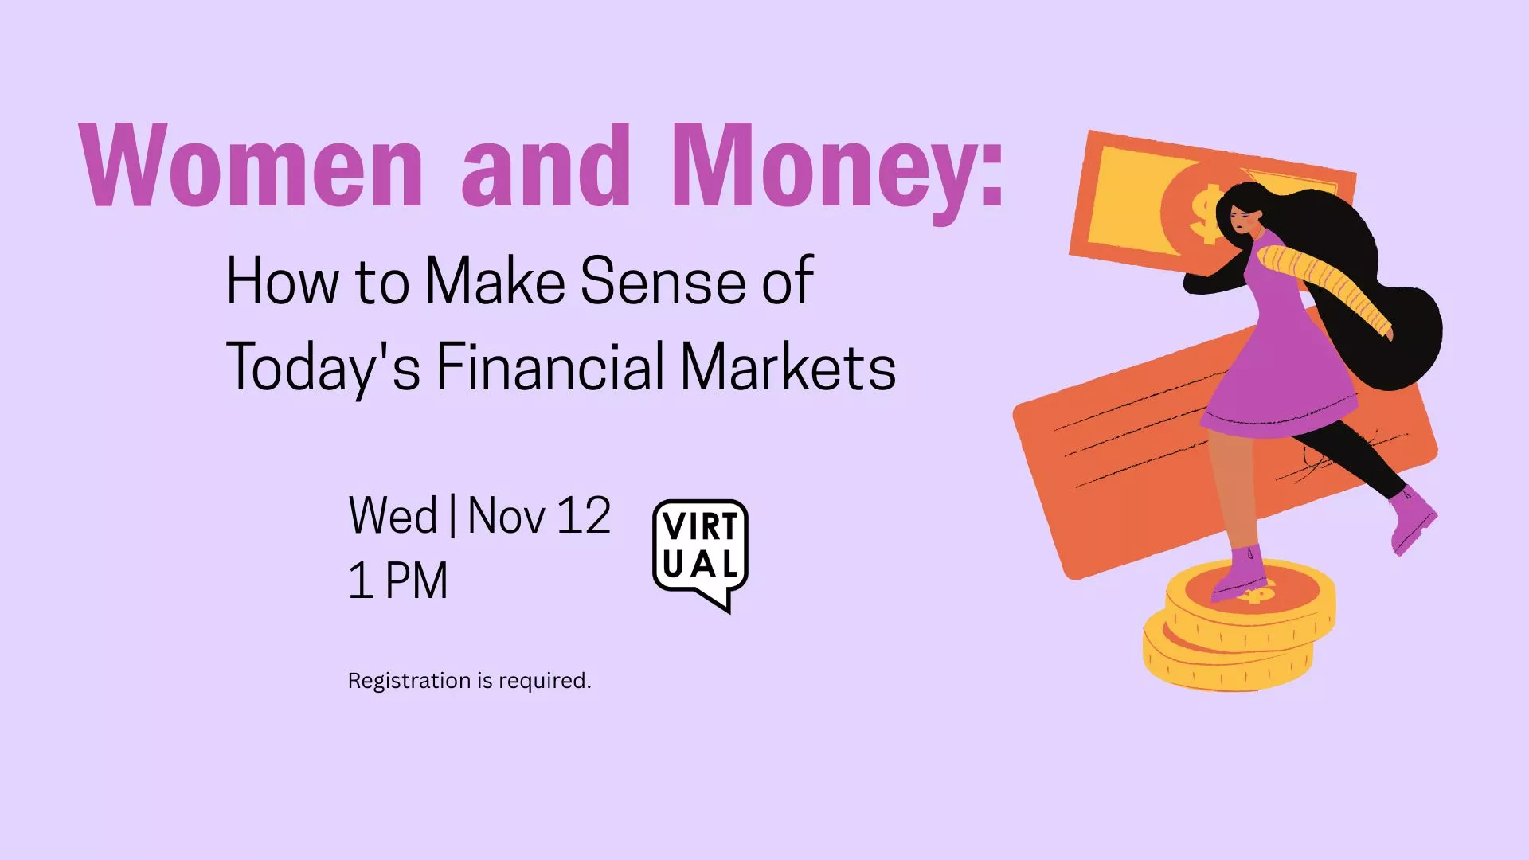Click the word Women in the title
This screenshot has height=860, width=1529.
tap(251, 167)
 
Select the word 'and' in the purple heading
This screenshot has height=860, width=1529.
tap(546, 167)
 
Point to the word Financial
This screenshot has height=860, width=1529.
tap(549, 367)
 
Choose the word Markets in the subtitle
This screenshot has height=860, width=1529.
tap(788, 367)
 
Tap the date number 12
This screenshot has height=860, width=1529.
tap(583, 516)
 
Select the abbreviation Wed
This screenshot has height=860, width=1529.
tap(393, 516)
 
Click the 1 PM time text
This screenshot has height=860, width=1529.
tap(398, 580)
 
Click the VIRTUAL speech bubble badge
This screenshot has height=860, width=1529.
tap(700, 549)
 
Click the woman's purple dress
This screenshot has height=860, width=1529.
tap(1282, 358)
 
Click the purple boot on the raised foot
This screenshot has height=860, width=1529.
tap(1412, 518)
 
